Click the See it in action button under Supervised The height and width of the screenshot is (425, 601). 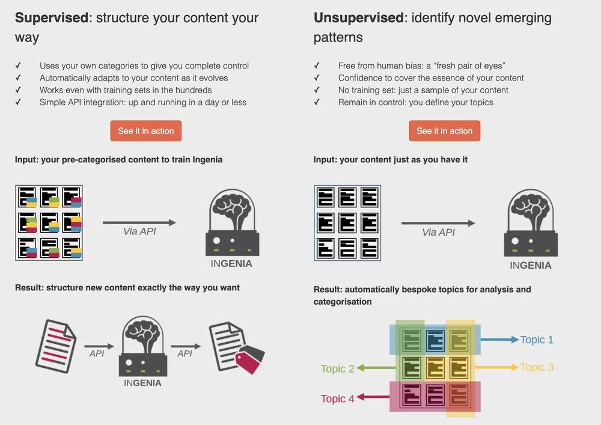(145, 131)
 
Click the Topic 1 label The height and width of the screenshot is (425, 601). (537, 340)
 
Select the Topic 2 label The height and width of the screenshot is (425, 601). (337, 368)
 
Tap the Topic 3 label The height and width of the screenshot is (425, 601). (537, 367)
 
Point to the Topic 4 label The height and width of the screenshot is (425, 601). (337, 399)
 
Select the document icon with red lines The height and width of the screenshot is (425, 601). (55, 343)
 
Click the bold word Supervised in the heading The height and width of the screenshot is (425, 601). (51, 17)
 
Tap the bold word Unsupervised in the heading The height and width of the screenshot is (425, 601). (358, 17)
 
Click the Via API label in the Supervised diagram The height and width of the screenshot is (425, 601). (139, 231)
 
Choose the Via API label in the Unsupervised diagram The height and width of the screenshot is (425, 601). (438, 232)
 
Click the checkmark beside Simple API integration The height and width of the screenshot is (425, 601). (18, 102)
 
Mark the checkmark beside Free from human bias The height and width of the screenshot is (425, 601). (317, 66)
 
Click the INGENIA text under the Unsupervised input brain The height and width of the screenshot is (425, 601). (530, 265)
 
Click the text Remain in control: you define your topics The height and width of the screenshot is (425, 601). (415, 102)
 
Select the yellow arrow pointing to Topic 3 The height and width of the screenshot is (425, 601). (496, 367)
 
